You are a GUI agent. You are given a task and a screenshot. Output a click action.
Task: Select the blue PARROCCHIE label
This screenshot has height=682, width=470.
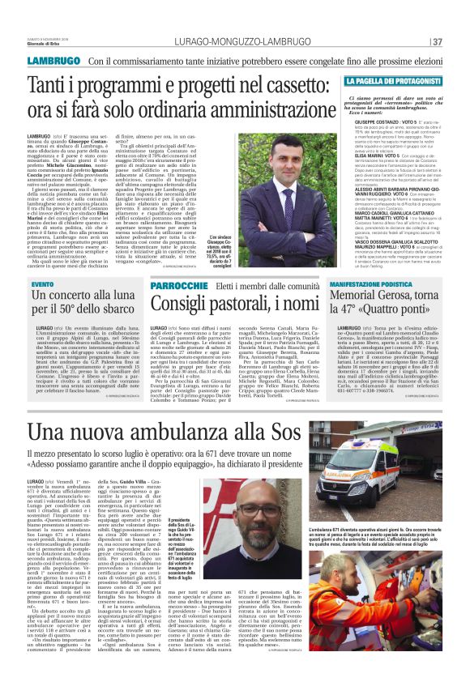(x=179, y=286)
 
